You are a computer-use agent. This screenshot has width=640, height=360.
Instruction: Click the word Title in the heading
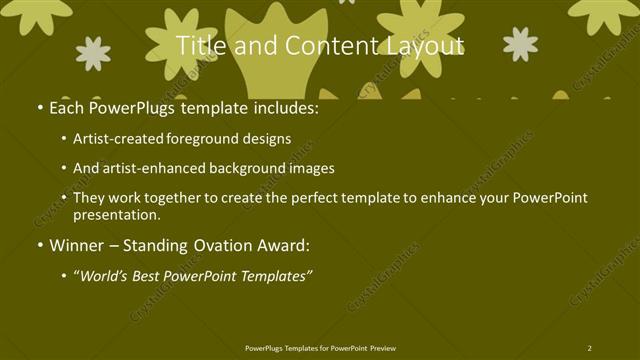pos(198,45)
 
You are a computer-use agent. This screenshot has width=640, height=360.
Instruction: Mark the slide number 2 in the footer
pos(589,348)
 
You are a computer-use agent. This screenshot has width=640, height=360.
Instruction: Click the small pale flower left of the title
pos(93,53)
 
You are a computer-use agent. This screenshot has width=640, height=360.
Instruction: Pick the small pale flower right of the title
pos(520,44)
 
